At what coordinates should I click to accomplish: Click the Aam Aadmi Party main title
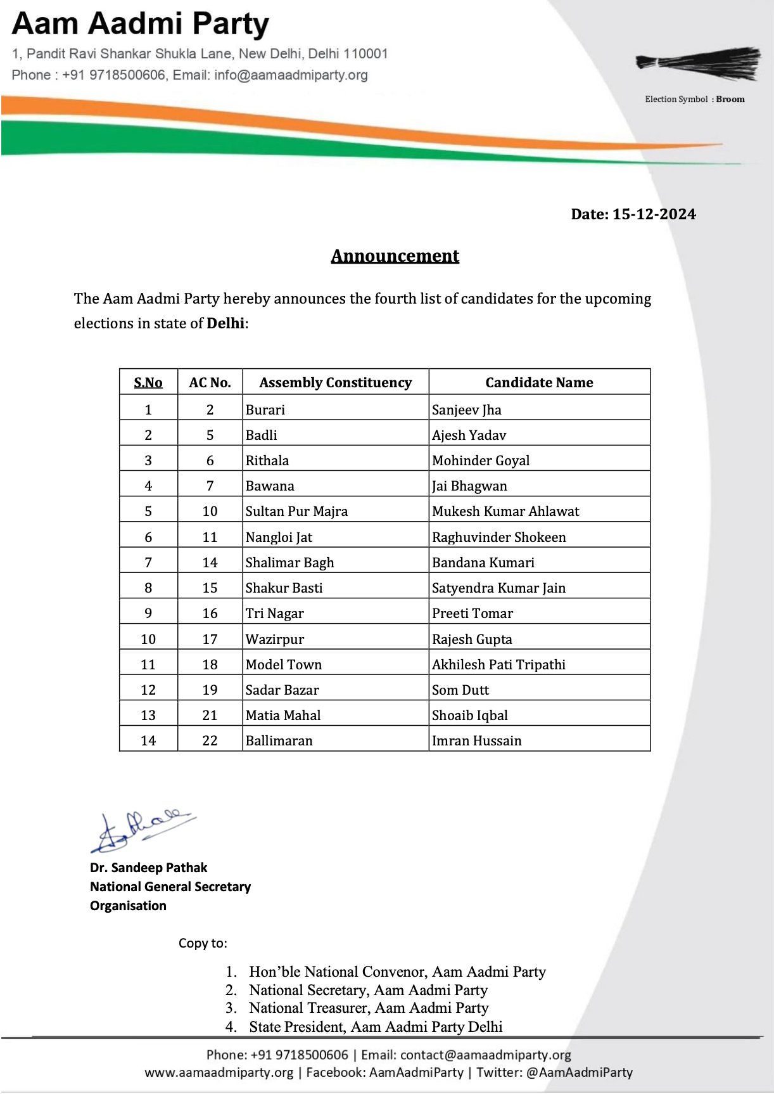click(x=141, y=24)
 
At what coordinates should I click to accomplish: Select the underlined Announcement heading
click(x=395, y=256)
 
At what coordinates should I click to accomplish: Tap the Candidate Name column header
click(x=539, y=382)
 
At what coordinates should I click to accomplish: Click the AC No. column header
click(x=210, y=382)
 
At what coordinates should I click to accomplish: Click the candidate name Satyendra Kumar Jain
click(x=498, y=588)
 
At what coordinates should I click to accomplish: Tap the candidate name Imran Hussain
click(x=477, y=740)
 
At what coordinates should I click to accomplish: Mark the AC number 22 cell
click(x=210, y=740)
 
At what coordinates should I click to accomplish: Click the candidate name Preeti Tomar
click(x=473, y=613)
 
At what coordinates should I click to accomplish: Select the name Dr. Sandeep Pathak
click(x=149, y=868)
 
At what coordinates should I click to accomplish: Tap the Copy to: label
click(x=203, y=943)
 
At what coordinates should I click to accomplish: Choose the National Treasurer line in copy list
click(x=368, y=1008)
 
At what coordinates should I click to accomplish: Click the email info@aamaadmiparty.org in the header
click(x=291, y=75)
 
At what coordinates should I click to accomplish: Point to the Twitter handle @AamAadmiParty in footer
click(x=579, y=1072)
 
